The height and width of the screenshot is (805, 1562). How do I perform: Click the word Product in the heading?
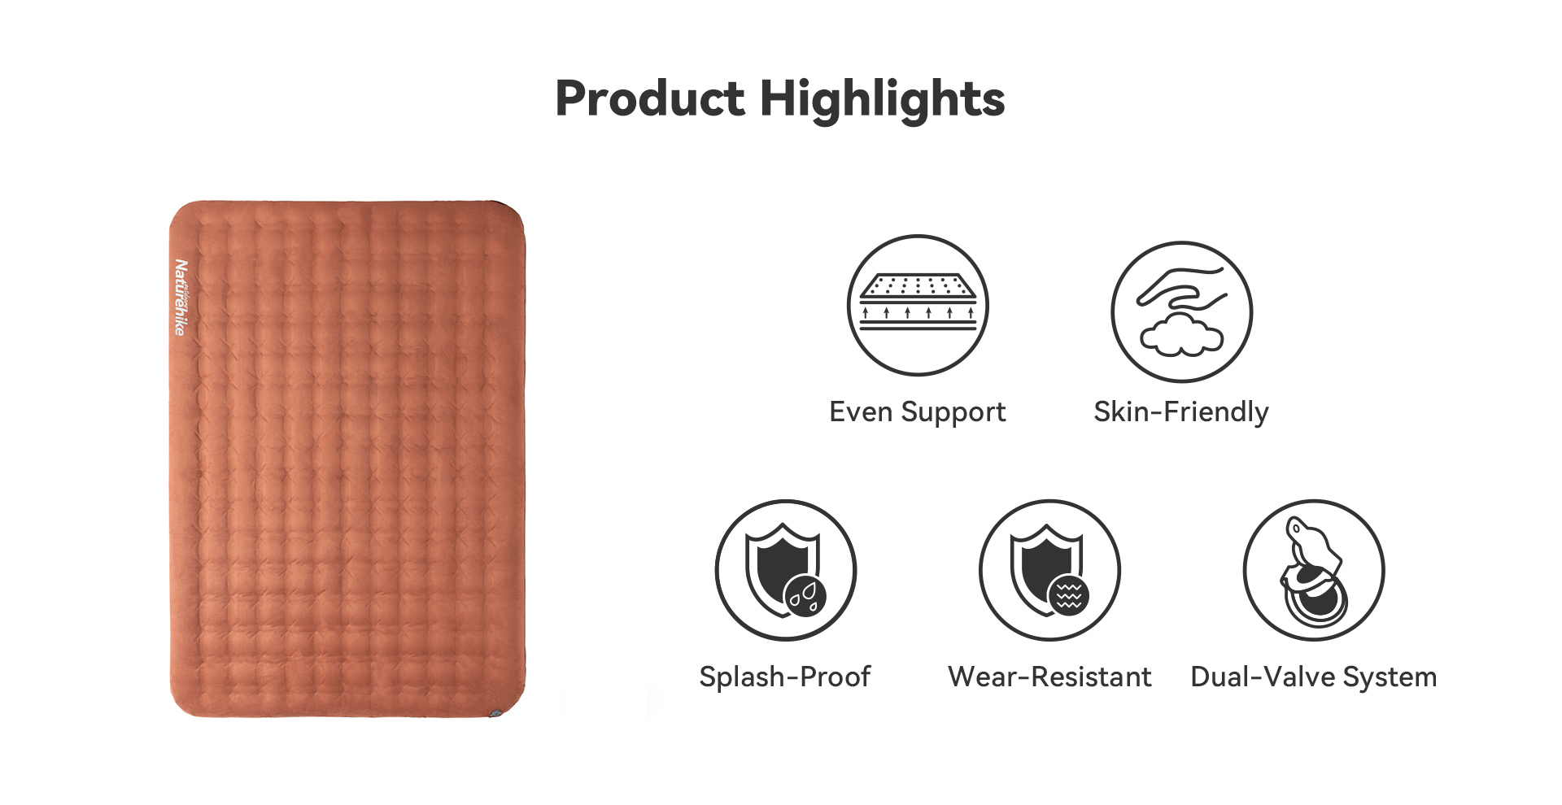[x=649, y=98]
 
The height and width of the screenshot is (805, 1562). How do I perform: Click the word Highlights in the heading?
[x=883, y=100]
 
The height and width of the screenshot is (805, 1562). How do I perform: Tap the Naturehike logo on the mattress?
[x=181, y=298]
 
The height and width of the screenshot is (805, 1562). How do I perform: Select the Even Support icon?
[x=918, y=306]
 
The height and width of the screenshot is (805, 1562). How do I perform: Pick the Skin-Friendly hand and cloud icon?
[x=1182, y=311]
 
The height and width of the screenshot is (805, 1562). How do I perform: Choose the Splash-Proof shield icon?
[x=786, y=571]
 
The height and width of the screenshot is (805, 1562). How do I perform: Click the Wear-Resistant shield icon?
[x=1049, y=571]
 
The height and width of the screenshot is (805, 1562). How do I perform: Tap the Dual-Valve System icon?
[x=1314, y=571]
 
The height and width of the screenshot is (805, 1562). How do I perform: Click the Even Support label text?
[x=918, y=412]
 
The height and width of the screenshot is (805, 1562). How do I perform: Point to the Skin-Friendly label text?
[x=1181, y=412]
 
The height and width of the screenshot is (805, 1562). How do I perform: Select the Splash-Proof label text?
[x=785, y=677]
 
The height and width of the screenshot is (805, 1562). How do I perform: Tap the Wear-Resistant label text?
[x=1049, y=677]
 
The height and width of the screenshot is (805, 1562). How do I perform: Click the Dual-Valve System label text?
[x=1314, y=677]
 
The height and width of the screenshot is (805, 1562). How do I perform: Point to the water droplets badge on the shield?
[x=805, y=597]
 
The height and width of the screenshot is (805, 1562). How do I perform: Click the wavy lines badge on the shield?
[x=1068, y=596]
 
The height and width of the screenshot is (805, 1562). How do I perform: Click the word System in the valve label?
[x=1390, y=677]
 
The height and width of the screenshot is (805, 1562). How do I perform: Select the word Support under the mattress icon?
[x=953, y=413]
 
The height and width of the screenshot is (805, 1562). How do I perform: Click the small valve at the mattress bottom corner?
[x=495, y=713]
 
